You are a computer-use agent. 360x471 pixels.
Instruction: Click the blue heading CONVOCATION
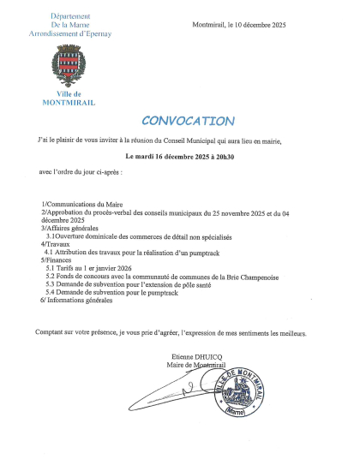[186, 121]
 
